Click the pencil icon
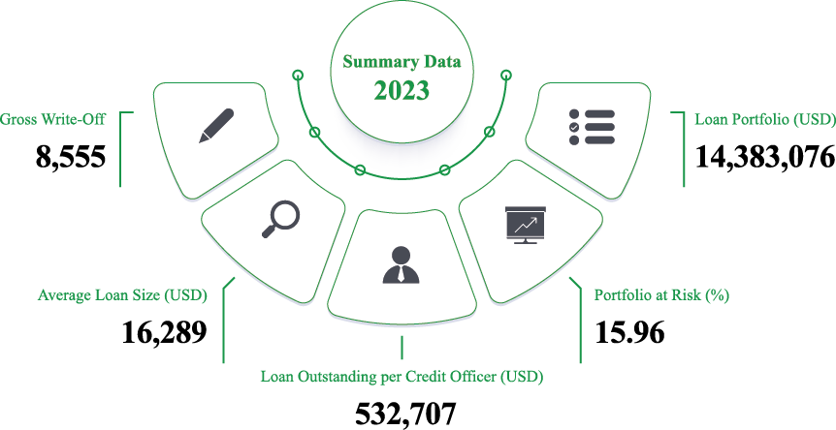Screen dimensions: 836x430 tap(216, 126)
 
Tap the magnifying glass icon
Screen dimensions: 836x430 tap(280, 219)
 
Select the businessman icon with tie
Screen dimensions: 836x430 tap(401, 264)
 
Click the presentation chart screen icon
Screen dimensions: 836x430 tap(525, 225)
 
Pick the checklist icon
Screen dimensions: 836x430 tap(592, 127)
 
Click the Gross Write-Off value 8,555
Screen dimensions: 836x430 tap(71, 157)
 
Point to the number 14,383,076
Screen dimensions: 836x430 tap(765, 157)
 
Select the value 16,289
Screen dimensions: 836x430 tap(164, 332)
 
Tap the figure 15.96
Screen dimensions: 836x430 tap(629, 332)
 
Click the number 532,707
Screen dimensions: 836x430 tap(405, 415)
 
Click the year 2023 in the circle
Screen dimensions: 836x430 tap(402, 90)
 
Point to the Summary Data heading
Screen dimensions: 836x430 tap(402, 62)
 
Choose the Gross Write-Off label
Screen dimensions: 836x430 tap(52, 119)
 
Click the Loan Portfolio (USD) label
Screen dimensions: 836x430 tap(765, 119)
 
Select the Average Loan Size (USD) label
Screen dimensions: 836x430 tap(122, 295)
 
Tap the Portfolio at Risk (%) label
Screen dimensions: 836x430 tap(661, 295)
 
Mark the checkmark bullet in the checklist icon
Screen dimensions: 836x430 tap(574, 127)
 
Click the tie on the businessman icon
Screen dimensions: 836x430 tap(401, 275)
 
